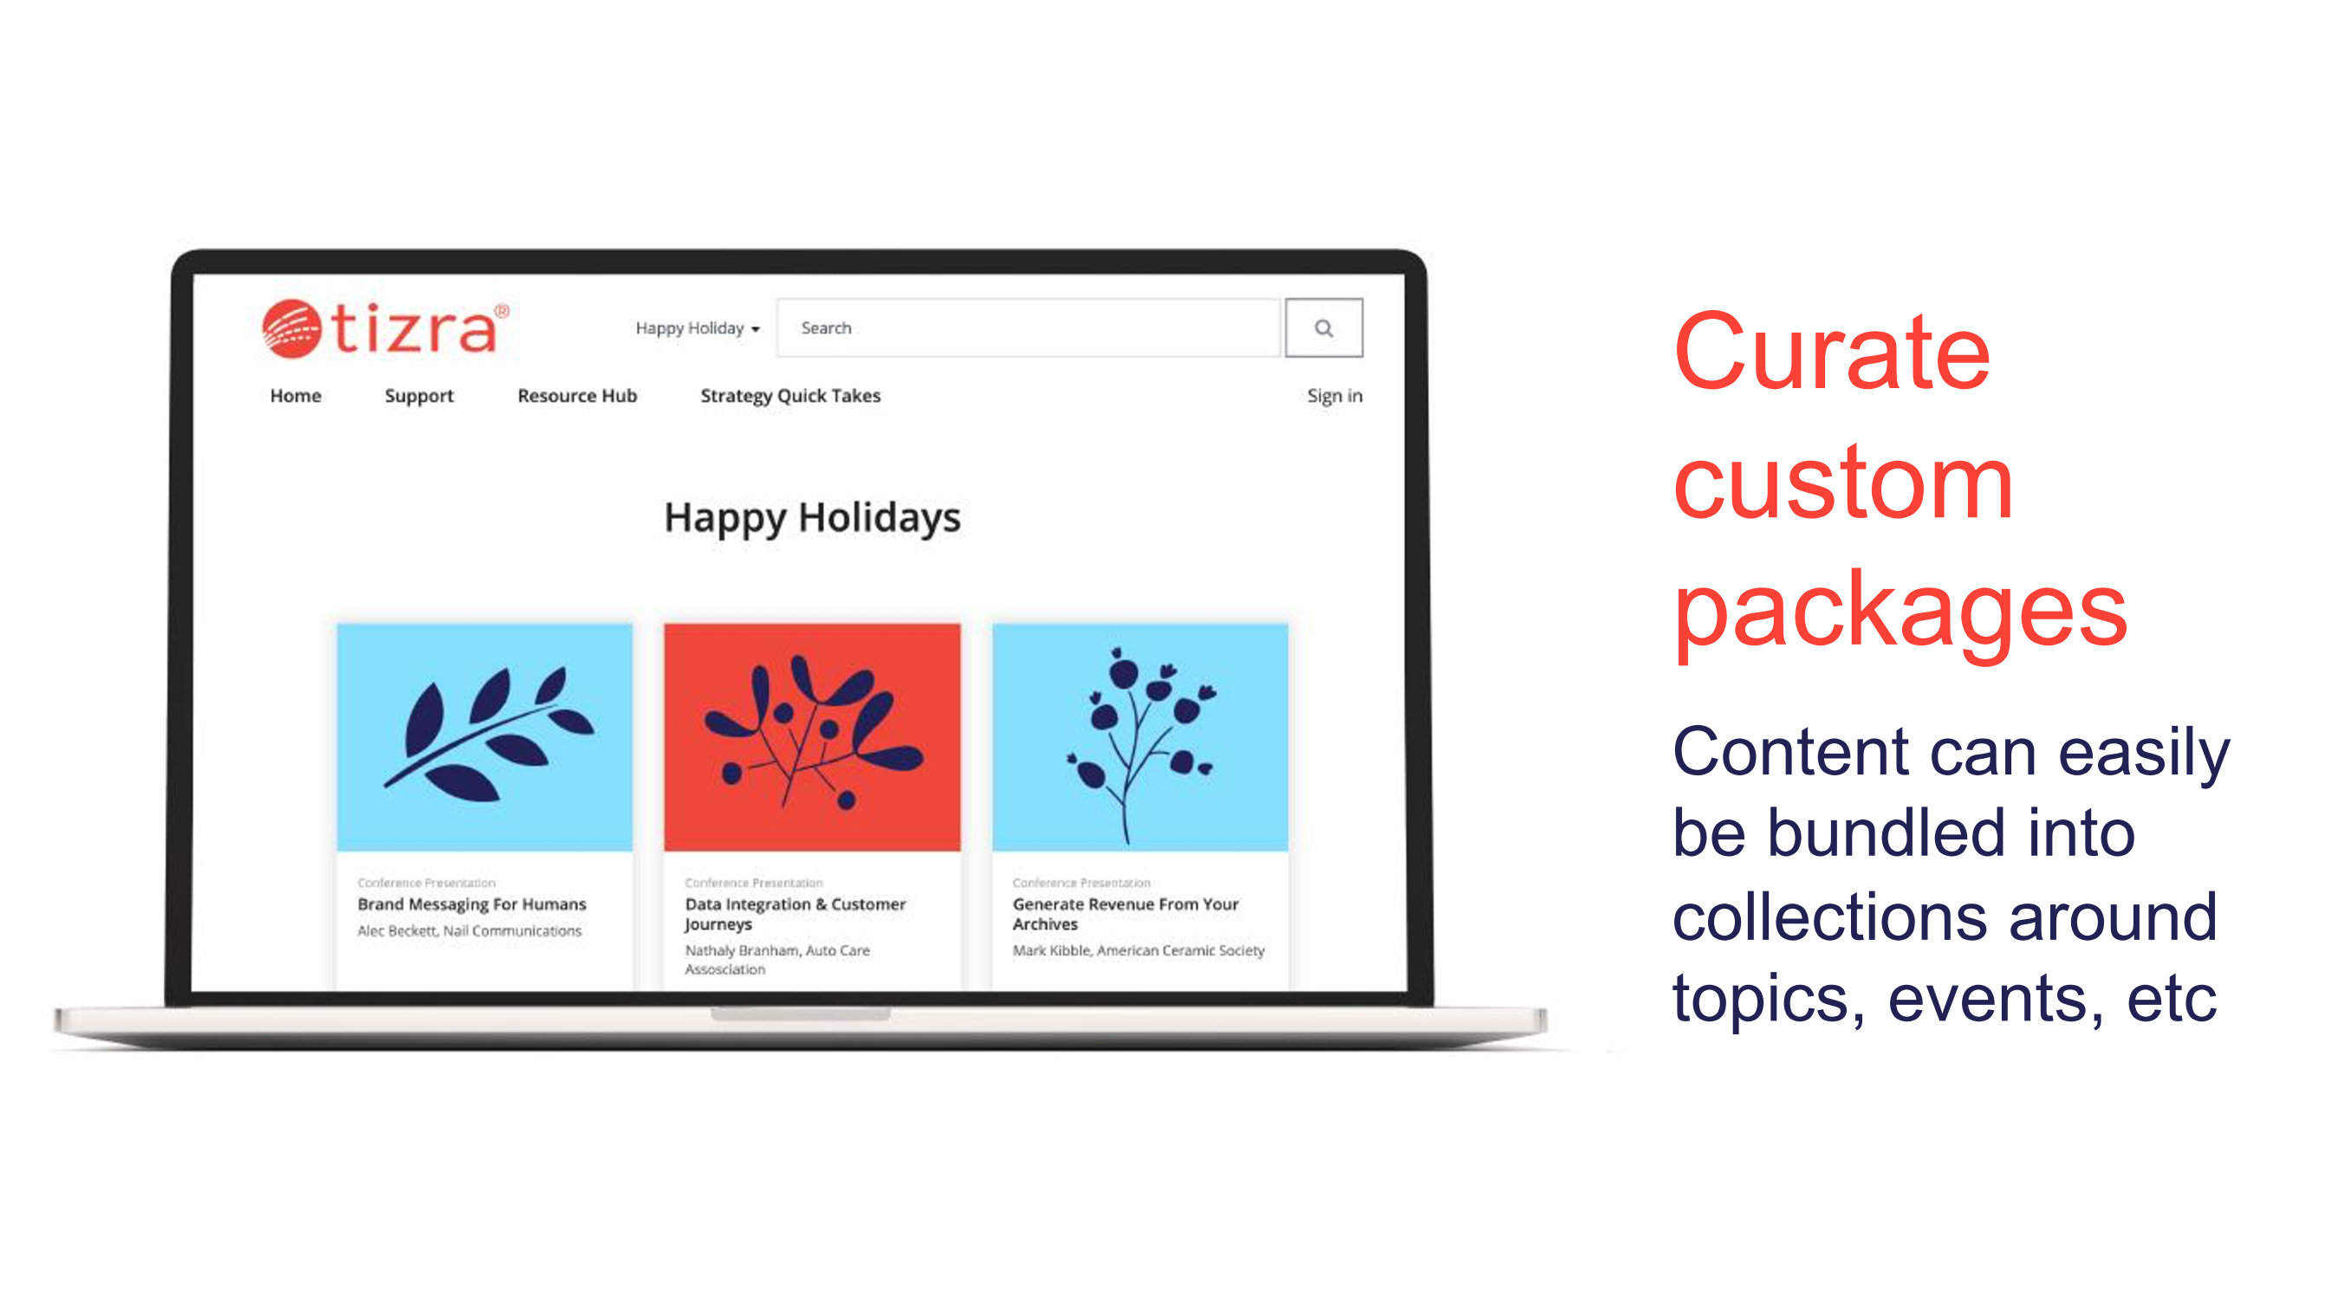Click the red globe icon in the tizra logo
tap(291, 327)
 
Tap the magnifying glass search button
tap(1323, 327)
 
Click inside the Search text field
tap(1029, 327)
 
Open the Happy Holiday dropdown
tap(697, 328)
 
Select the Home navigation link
tap(295, 396)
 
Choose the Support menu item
tap(419, 397)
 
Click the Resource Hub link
tap(577, 396)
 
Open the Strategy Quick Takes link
tap(790, 397)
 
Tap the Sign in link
tap(1335, 397)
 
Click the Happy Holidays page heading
tap(812, 518)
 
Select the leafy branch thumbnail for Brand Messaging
tap(484, 737)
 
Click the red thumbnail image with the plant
tap(812, 737)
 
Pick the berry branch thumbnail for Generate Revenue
tap(1140, 737)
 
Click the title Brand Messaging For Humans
tap(472, 904)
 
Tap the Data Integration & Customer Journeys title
tap(795, 914)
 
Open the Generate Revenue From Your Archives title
tap(1126, 914)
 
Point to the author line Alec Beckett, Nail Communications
tap(469, 931)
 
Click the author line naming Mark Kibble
tap(1138, 950)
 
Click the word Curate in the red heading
tap(1832, 352)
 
